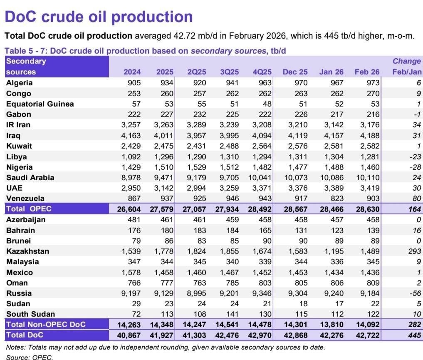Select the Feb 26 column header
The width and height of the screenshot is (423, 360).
coord(367,72)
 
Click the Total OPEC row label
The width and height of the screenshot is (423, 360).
coord(29,209)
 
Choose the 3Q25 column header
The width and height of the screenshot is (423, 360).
coord(227,72)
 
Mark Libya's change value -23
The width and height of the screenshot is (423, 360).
coord(414,156)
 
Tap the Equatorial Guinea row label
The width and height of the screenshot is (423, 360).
coord(40,104)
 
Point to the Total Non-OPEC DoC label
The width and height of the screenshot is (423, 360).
coord(45,324)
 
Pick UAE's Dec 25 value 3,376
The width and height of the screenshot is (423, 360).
coord(295,188)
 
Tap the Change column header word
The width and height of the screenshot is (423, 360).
coord(406,61)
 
